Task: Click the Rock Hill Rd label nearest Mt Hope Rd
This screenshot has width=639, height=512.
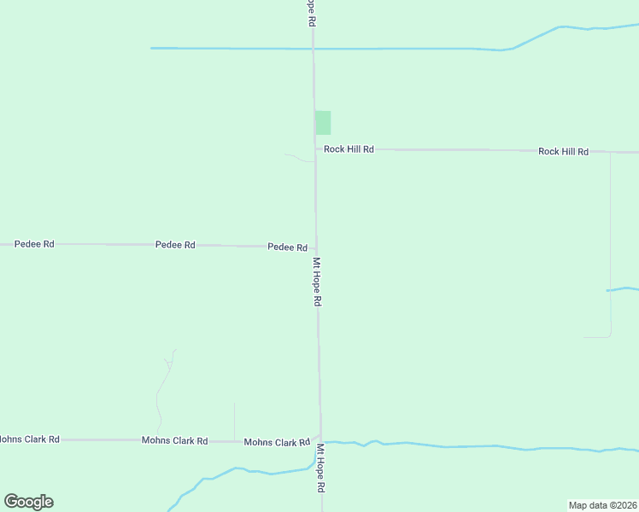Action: click(x=349, y=149)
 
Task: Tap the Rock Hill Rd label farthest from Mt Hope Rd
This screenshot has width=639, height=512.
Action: click(x=563, y=152)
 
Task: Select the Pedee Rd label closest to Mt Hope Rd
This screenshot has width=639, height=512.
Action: click(x=287, y=247)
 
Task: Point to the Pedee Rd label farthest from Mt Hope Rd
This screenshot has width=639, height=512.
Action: click(x=34, y=244)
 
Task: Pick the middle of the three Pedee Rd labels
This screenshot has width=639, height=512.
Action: click(x=175, y=245)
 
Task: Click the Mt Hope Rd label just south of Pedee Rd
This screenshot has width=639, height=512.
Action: click(x=317, y=282)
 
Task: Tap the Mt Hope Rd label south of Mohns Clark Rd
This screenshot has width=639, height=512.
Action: click(x=321, y=468)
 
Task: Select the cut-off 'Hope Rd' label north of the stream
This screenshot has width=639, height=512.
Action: click(x=312, y=13)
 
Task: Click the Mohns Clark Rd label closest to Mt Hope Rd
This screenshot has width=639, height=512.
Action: click(x=277, y=442)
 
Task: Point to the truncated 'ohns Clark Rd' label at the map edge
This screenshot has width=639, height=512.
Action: click(x=29, y=439)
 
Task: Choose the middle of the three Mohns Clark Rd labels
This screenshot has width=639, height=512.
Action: click(x=174, y=441)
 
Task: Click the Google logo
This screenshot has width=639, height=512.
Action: click(x=28, y=502)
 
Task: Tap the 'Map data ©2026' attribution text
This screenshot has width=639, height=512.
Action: click(x=602, y=504)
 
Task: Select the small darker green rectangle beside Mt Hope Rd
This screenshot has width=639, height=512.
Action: click(x=323, y=123)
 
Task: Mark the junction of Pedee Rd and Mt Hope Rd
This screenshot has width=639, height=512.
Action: click(x=316, y=247)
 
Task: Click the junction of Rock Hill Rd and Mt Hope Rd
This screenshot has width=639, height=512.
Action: click(x=315, y=149)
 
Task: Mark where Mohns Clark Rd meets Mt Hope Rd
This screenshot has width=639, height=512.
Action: click(x=320, y=439)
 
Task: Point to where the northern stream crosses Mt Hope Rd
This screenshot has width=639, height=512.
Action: click(x=314, y=49)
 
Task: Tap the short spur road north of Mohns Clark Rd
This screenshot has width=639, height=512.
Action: click(x=234, y=422)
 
